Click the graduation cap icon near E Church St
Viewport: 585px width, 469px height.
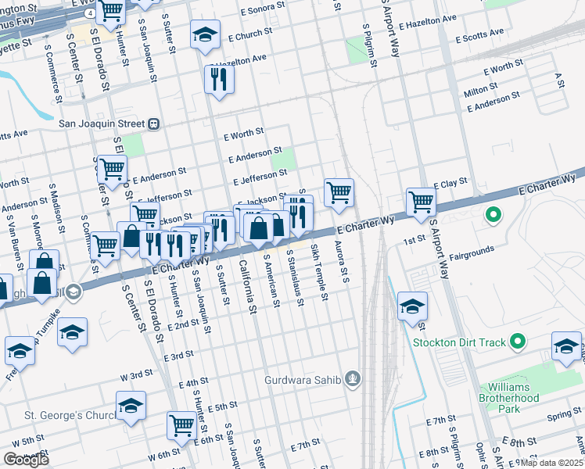click(205, 35)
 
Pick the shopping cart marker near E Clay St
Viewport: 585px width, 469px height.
click(422, 201)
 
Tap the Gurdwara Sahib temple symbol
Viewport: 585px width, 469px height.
click(354, 380)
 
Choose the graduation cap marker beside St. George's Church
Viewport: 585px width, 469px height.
click(131, 406)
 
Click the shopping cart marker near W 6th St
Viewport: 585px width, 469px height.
click(181, 425)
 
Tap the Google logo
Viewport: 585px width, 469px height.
click(26, 460)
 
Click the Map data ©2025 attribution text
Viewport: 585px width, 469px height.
click(551, 463)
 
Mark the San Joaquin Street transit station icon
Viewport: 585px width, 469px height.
click(154, 124)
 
